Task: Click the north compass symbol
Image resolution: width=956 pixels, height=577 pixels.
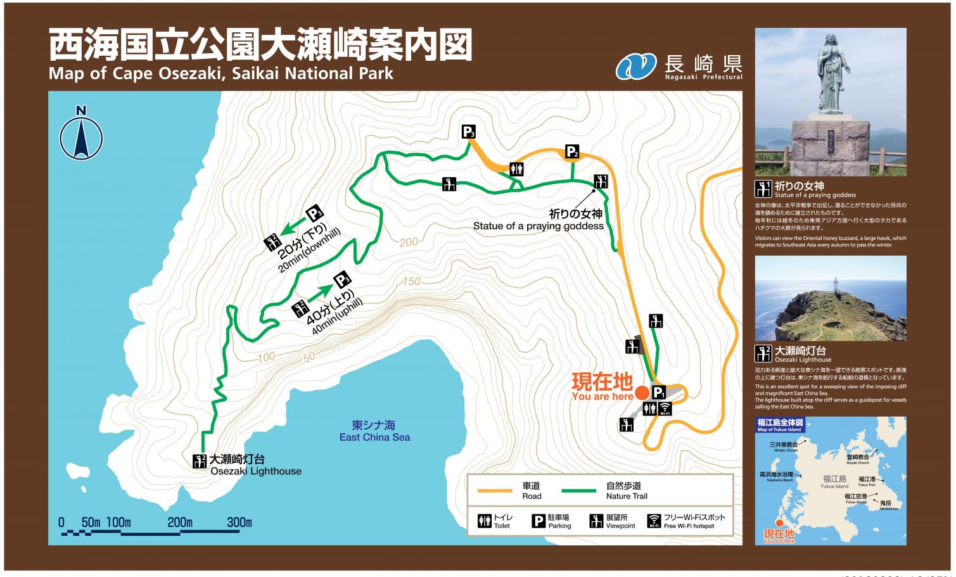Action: [x=81, y=136]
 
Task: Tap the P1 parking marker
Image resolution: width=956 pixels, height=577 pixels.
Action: [x=659, y=393]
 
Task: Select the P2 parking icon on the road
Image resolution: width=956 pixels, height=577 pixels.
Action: [x=571, y=152]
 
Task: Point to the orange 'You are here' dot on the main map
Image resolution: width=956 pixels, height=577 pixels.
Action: [x=642, y=393]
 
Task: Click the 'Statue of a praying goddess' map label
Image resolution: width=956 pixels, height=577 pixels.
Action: [x=539, y=226]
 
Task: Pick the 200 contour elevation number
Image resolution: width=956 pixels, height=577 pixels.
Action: [x=409, y=242]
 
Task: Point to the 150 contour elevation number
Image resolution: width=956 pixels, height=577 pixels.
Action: [x=411, y=281]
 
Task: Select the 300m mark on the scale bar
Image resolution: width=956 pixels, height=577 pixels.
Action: [x=239, y=523]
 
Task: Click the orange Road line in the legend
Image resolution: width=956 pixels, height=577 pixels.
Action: [x=494, y=490]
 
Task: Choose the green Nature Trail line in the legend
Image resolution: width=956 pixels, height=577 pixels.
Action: [x=578, y=490]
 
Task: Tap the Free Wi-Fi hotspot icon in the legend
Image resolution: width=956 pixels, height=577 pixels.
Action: [x=654, y=521]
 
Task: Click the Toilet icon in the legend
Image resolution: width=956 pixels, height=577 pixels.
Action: [x=485, y=521]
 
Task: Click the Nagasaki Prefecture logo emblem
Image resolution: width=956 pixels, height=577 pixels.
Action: [x=635, y=66]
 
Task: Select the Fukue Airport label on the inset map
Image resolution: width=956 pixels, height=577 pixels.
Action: [x=855, y=497]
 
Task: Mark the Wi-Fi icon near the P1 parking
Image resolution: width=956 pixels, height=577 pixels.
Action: [x=665, y=409]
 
